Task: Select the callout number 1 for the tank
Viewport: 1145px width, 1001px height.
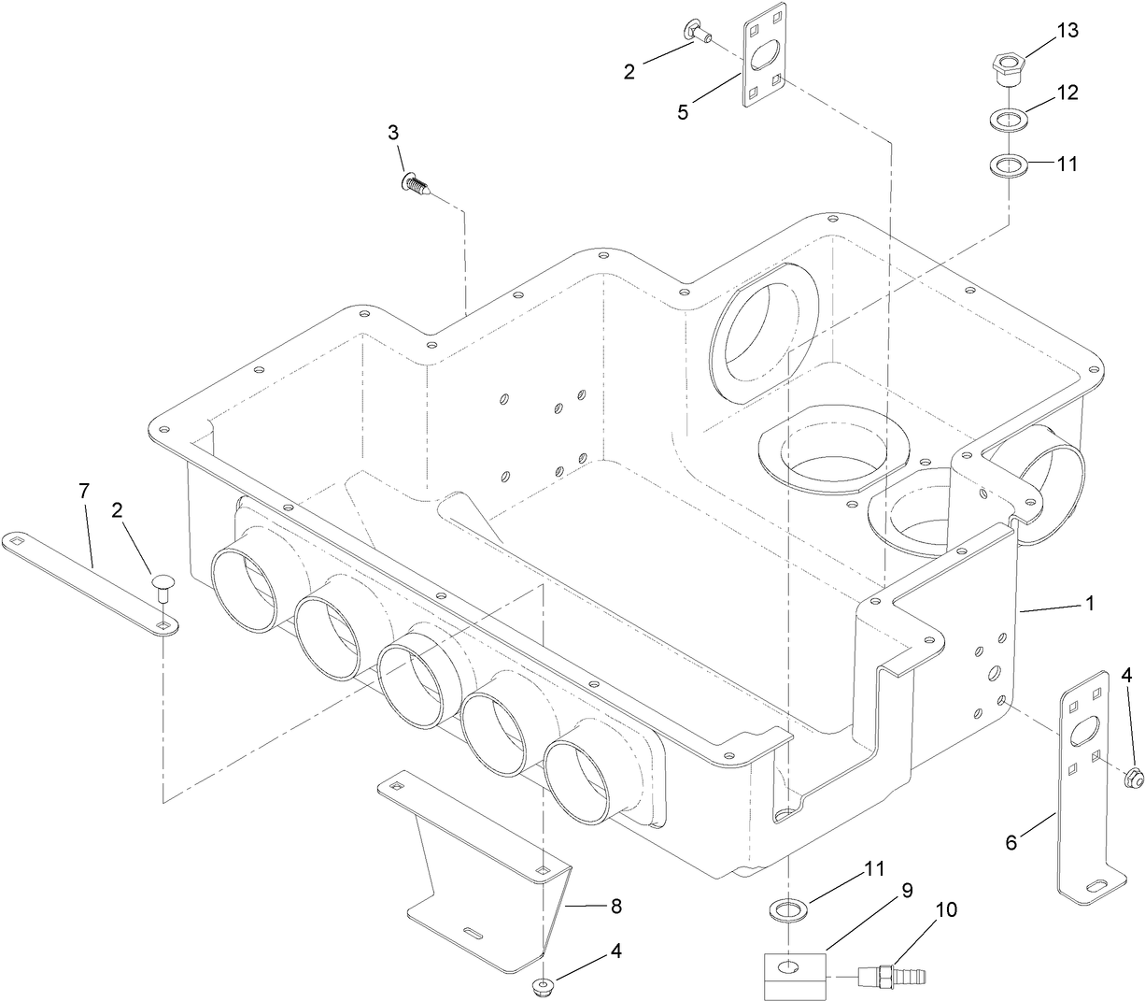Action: (1089, 604)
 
